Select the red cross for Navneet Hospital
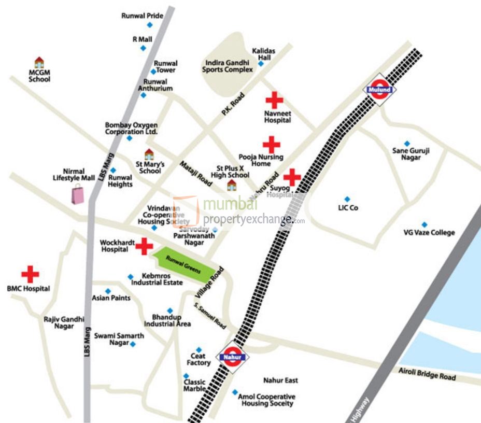(x=274, y=100)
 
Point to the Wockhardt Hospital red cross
(x=144, y=246)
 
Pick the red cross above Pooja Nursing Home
(x=271, y=144)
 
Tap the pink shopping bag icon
(x=78, y=194)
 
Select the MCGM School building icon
(x=39, y=63)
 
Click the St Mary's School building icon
(x=149, y=154)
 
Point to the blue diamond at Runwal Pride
(x=150, y=25)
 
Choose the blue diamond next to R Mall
(x=143, y=48)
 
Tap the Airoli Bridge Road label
(x=427, y=374)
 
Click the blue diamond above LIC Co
(x=347, y=199)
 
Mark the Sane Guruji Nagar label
(x=412, y=154)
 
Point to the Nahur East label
(x=280, y=380)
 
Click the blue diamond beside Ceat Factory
(x=199, y=350)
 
